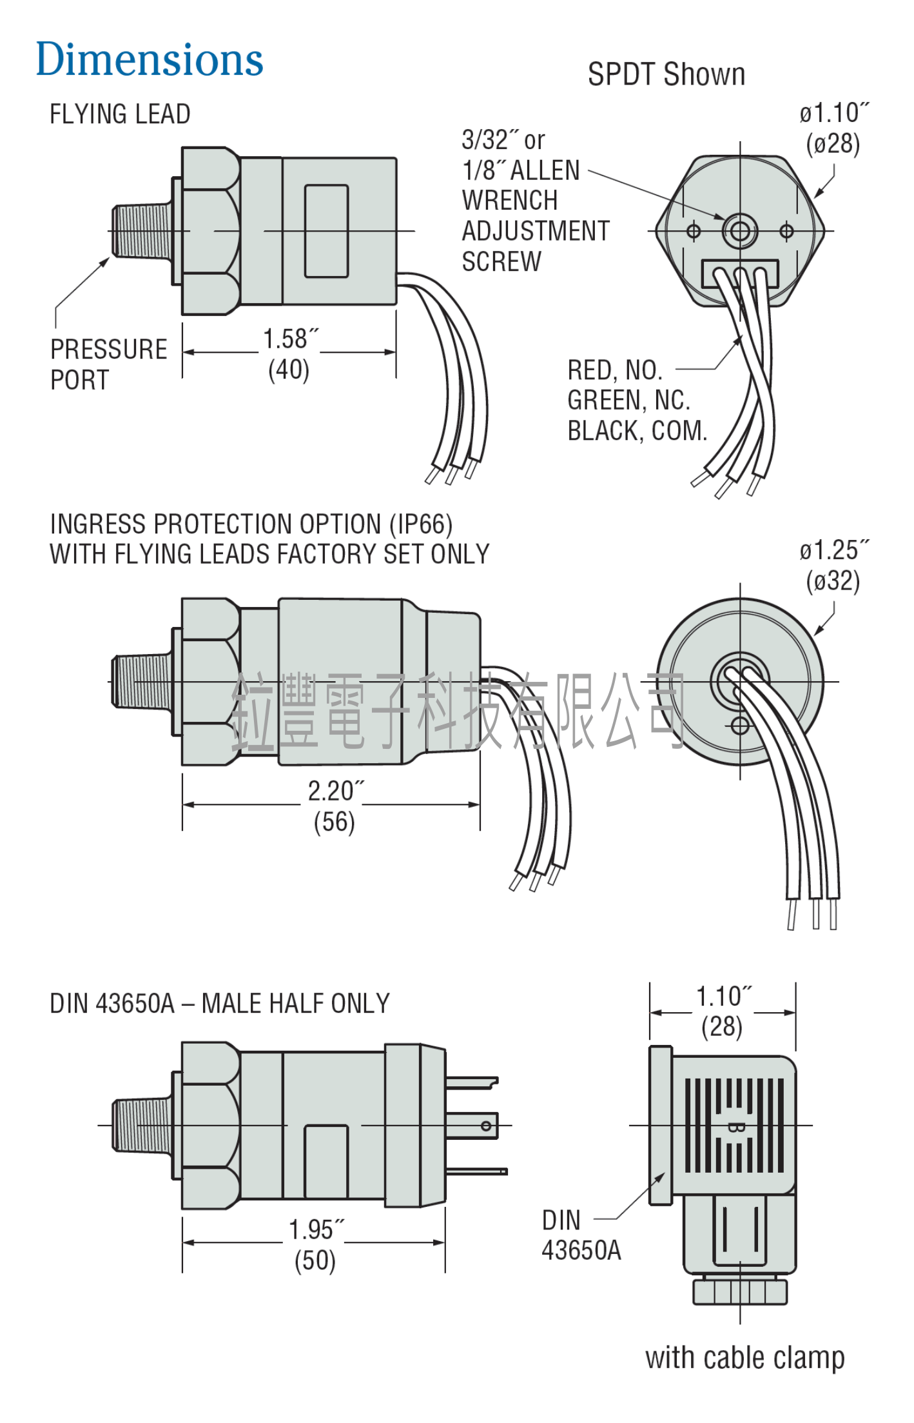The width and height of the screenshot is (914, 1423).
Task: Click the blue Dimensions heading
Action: [x=149, y=59]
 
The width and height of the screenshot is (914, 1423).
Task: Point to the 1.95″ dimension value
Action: [x=316, y=1229]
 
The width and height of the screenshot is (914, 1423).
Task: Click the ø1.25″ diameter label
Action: [x=834, y=550]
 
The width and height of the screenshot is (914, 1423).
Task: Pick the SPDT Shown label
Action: [x=666, y=74]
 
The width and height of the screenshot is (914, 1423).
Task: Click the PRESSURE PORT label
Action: [x=108, y=364]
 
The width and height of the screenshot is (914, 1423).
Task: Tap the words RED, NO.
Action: [x=615, y=370]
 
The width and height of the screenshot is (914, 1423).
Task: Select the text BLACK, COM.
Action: [x=637, y=431]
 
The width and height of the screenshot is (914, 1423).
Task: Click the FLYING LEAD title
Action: [x=120, y=114]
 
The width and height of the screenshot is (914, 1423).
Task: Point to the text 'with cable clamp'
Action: [x=744, y=1357]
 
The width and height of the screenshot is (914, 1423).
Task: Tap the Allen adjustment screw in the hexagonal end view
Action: [x=739, y=231]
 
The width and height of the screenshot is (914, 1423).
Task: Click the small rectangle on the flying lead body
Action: [x=326, y=231]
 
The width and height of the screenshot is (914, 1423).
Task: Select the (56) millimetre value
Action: [x=334, y=822]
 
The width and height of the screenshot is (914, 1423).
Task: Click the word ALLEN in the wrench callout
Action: [x=545, y=170]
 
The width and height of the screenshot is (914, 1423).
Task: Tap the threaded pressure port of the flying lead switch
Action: [x=142, y=230]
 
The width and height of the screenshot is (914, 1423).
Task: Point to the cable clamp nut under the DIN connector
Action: [x=740, y=1291]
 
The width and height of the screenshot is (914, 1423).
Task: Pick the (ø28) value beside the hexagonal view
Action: [x=833, y=143]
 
